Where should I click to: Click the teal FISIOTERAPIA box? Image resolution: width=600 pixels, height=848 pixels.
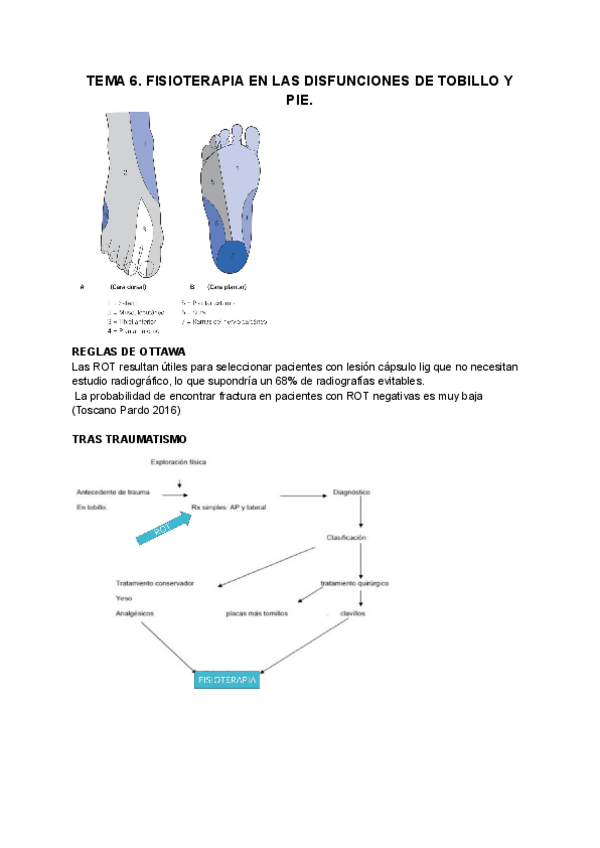tap(227, 680)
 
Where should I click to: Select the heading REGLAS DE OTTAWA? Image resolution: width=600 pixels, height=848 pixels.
tap(127, 352)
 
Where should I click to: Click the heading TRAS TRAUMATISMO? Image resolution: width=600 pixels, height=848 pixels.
tap(130, 439)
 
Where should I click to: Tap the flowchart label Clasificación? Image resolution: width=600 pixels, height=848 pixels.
tap(346, 538)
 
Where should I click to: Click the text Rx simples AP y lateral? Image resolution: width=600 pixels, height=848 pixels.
tap(229, 508)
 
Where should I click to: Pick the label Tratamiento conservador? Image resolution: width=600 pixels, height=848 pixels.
tap(155, 582)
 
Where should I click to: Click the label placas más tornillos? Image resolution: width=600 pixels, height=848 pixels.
tap(258, 613)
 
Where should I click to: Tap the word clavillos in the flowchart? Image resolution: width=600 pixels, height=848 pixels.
tap(351, 613)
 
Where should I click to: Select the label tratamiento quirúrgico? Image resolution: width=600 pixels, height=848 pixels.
tap(354, 582)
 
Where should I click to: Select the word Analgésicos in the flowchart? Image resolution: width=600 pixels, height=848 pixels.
tap(138, 614)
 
